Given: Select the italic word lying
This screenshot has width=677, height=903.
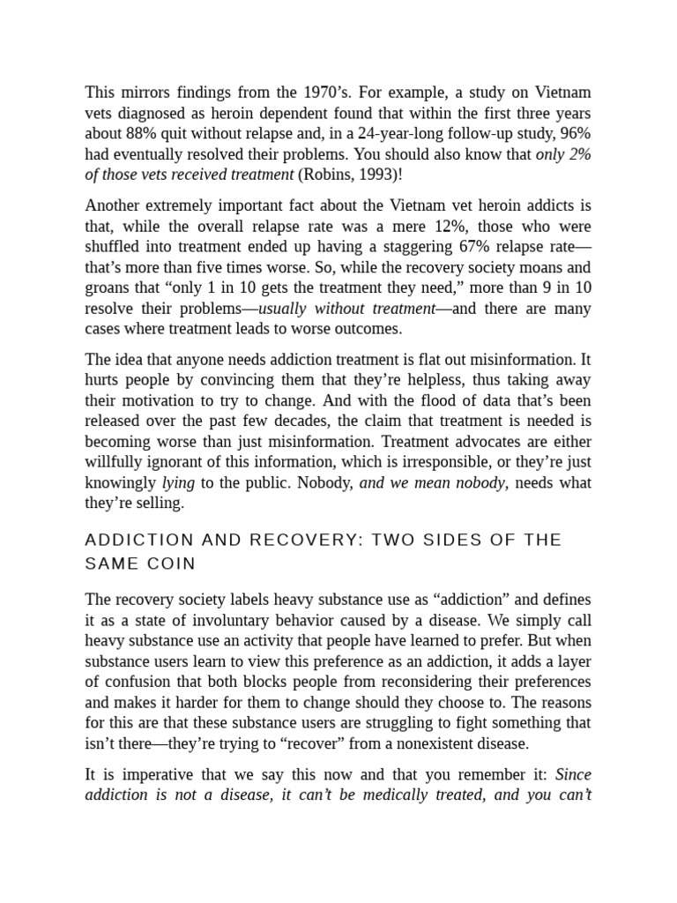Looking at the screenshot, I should [x=177, y=482].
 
